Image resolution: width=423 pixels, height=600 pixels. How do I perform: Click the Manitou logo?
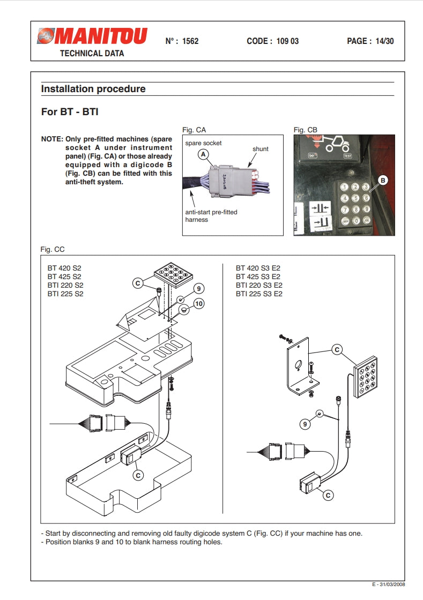92,36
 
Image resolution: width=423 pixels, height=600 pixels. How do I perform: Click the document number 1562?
190,41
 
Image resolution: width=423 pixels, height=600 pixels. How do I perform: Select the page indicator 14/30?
385,41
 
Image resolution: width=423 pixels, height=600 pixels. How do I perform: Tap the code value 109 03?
287,41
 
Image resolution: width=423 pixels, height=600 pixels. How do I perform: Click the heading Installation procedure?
93,89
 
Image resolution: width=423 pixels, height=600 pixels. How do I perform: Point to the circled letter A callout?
203,154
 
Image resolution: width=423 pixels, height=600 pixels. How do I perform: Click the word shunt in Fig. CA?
261,149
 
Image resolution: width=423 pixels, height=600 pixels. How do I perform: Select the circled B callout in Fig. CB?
382,180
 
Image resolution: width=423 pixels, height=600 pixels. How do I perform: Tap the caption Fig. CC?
53,250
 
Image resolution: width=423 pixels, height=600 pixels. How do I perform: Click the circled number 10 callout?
199,304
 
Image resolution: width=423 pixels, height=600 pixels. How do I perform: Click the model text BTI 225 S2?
65,294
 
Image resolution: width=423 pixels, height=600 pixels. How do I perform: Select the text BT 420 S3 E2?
258,268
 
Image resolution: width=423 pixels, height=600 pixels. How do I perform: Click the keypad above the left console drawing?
173,274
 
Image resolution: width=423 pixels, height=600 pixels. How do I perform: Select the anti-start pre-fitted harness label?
211,216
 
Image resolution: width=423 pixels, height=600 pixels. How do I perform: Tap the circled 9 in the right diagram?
305,424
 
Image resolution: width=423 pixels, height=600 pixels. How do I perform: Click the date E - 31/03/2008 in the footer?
389,584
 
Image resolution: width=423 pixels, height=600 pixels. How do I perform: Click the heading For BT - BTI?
70,112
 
